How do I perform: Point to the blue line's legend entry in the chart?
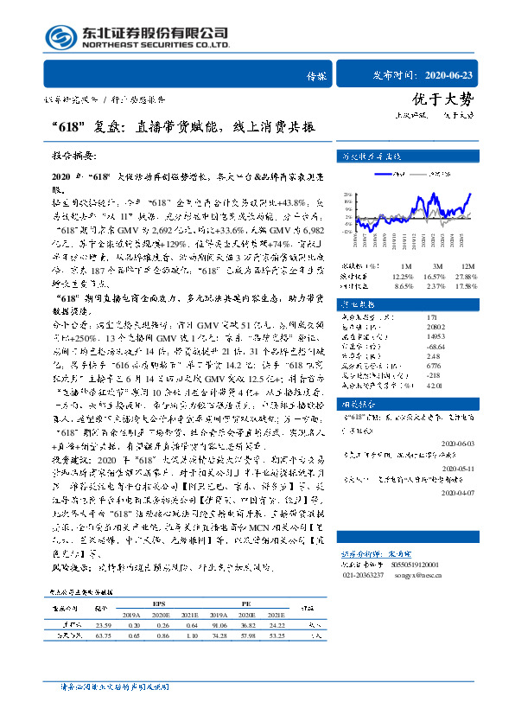(x=397, y=173)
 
